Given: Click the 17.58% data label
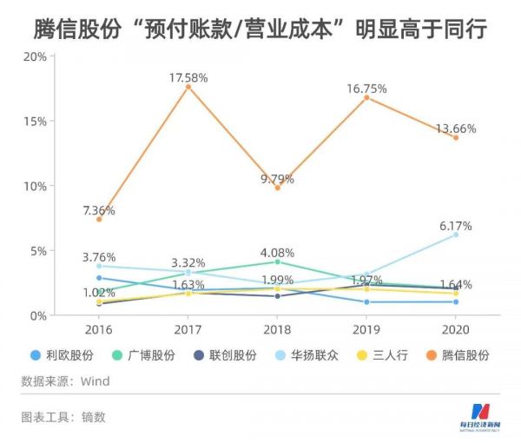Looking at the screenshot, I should click(188, 78).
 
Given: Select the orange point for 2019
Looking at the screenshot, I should click(366, 97).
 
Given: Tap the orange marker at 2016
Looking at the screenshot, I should click(99, 219).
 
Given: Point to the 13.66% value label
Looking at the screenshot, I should click(456, 129).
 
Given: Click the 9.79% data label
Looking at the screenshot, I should click(277, 179).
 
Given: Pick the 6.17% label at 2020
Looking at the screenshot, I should click(456, 226).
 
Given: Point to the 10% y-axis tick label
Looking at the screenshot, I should click(35, 186).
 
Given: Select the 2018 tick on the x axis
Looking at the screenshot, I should click(277, 330).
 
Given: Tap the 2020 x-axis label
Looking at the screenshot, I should click(455, 330).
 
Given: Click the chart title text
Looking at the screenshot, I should click(260, 26).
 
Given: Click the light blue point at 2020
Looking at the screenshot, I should click(455, 235).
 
